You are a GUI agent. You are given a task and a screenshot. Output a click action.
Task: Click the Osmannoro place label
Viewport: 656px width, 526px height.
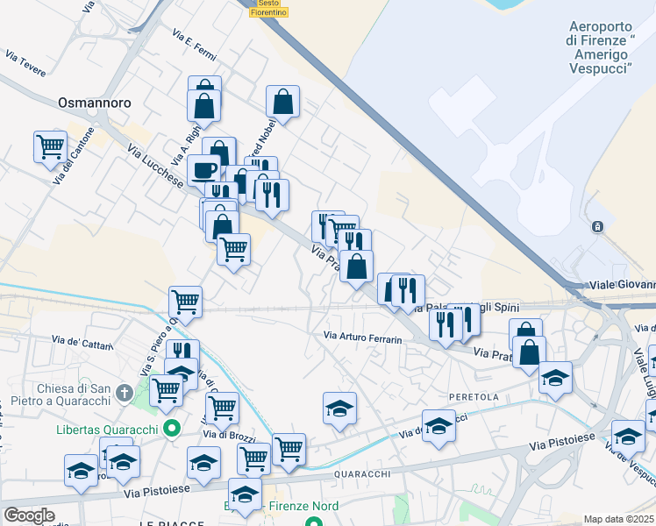pyautogui.click(x=94, y=103)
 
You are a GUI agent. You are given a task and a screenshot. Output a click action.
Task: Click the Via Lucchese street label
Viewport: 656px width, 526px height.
pyautogui.click(x=155, y=167)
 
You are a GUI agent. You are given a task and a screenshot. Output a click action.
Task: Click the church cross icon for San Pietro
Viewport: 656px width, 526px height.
pyautogui.click(x=125, y=392)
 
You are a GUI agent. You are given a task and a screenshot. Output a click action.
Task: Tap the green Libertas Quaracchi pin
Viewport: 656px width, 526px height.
pyautogui.click(x=172, y=429)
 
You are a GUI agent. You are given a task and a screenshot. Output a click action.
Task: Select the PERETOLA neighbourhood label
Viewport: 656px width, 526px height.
pyautogui.click(x=474, y=397)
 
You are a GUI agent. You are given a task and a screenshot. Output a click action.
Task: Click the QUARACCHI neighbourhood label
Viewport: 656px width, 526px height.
pyautogui.click(x=360, y=474)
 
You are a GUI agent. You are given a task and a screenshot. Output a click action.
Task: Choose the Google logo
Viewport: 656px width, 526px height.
pyautogui.click(x=29, y=515)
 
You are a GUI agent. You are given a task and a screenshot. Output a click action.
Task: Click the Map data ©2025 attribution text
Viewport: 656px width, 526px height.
pyautogui.click(x=618, y=519)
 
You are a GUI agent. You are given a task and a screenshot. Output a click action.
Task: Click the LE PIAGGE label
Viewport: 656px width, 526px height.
pyautogui.click(x=170, y=522)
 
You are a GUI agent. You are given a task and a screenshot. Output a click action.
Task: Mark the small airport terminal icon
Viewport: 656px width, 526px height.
pyautogui.click(x=597, y=226)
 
